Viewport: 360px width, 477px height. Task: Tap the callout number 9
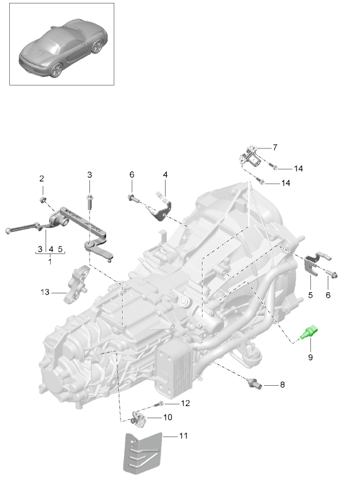(310, 358)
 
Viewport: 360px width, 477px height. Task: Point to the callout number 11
(183, 436)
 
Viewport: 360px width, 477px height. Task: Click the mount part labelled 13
(78, 285)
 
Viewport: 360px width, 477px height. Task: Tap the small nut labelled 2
(43, 200)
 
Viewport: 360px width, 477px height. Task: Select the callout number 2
(42, 178)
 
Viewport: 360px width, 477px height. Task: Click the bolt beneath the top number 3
(90, 200)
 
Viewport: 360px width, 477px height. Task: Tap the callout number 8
(282, 384)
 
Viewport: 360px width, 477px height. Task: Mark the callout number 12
(185, 403)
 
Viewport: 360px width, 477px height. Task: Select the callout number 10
(167, 417)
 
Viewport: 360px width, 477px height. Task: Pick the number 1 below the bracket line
(50, 262)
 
